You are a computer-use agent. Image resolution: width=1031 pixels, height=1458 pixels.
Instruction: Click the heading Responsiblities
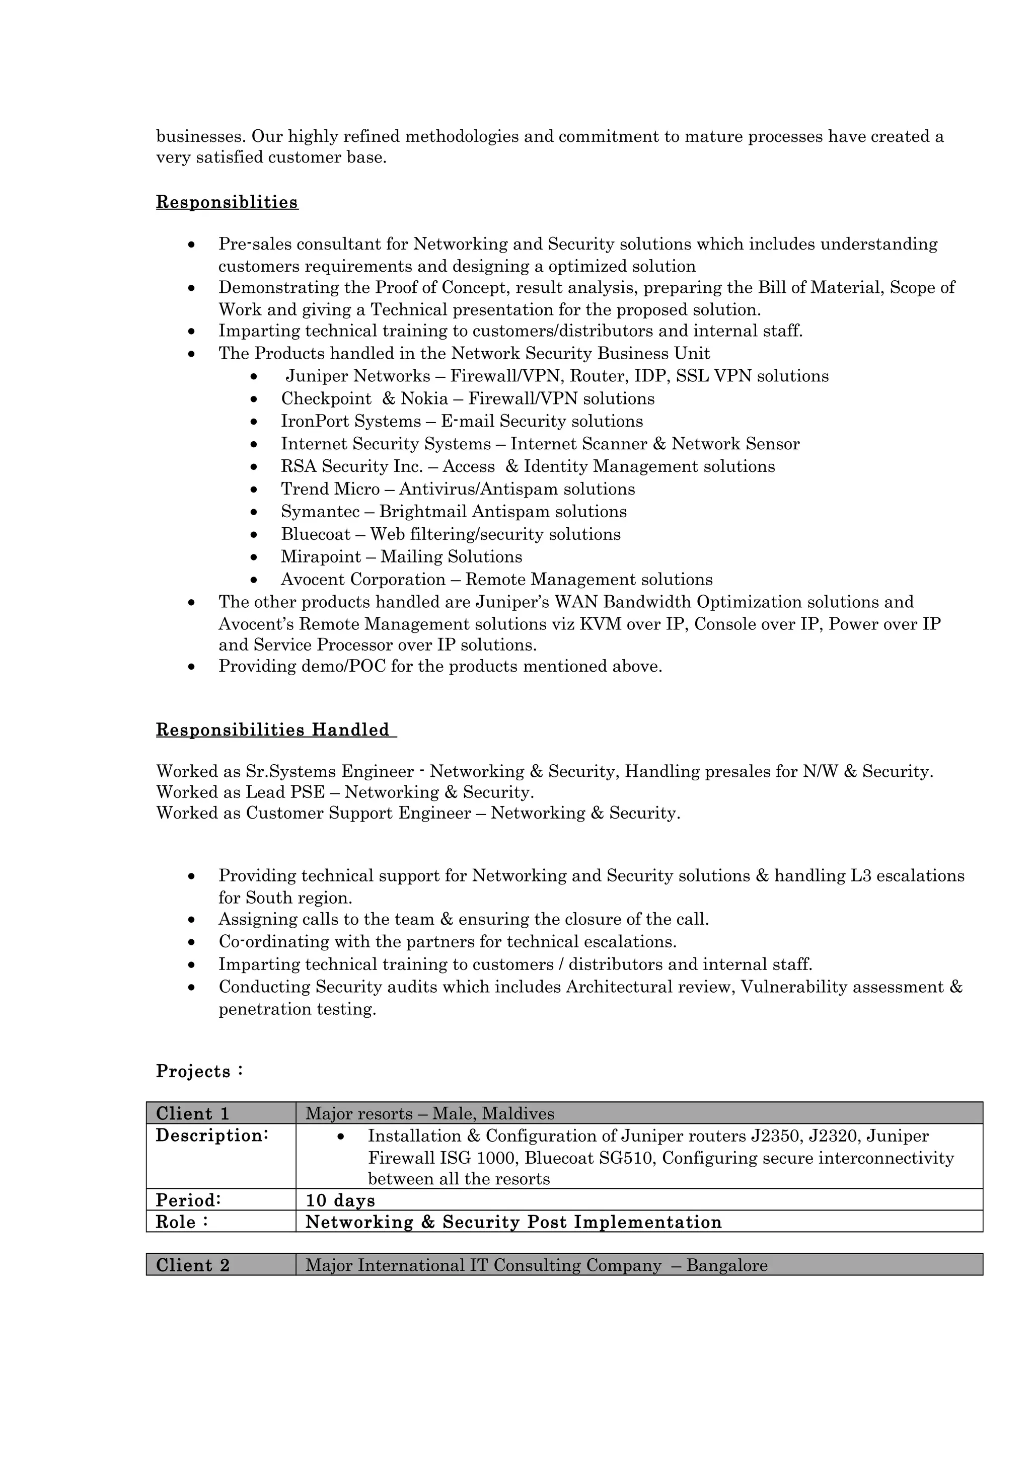tap(227, 203)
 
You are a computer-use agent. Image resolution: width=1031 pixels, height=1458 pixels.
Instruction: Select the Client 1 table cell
tap(220, 1113)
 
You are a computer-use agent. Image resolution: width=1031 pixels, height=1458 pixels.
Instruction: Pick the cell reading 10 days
tap(340, 1200)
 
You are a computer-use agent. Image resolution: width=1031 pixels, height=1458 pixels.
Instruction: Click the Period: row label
tap(188, 1200)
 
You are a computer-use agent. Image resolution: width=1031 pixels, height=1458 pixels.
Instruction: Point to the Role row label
tap(182, 1222)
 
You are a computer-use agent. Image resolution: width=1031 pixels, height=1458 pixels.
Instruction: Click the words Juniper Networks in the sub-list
tap(357, 376)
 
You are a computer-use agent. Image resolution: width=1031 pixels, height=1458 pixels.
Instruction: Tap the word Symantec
tap(320, 512)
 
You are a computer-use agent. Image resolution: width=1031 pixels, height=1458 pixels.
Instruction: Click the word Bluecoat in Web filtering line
tap(316, 534)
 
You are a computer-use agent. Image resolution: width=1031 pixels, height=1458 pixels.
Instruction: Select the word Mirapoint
tap(321, 557)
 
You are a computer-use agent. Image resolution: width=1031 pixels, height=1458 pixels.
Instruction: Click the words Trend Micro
tap(330, 489)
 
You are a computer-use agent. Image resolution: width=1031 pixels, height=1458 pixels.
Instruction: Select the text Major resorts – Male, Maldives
tap(429, 1113)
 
